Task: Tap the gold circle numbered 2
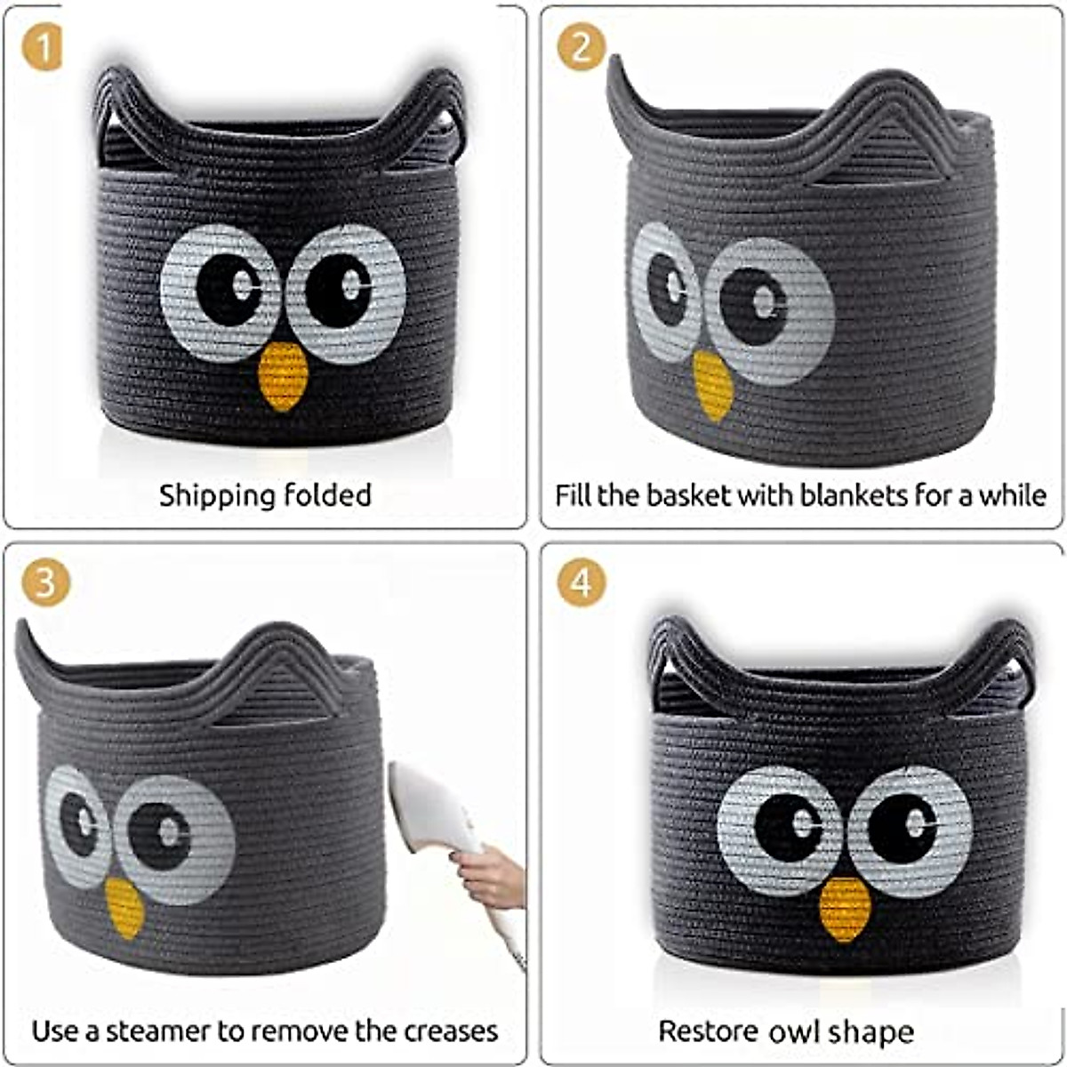tap(581, 47)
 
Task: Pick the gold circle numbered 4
tap(581, 583)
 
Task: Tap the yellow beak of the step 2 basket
tap(713, 385)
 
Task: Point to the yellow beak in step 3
tap(124, 907)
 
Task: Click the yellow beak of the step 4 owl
tap(845, 909)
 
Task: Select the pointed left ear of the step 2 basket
tap(622, 98)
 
